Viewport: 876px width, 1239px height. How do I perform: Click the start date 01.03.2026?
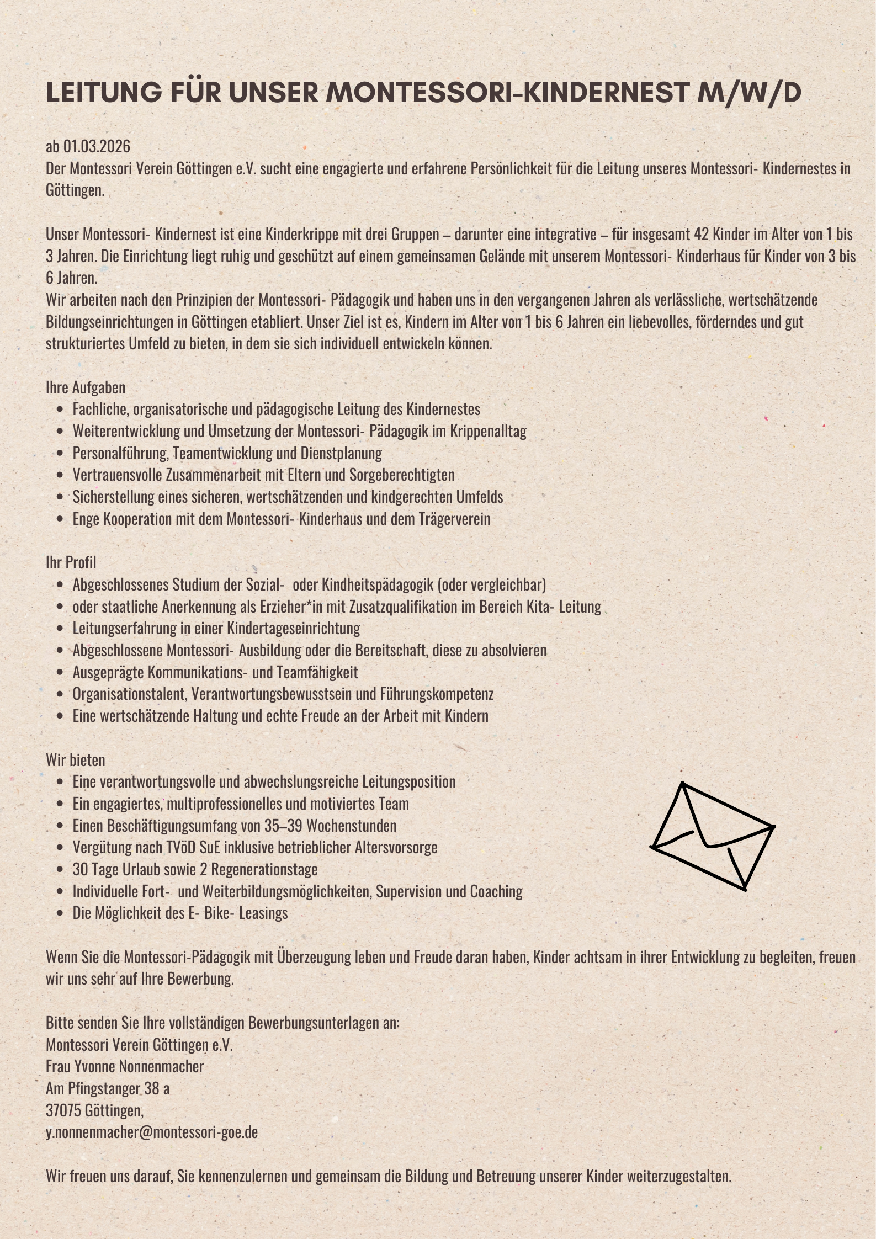(97, 146)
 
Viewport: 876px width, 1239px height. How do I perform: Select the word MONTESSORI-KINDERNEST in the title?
(507, 93)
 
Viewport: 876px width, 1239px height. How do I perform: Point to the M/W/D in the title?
(748, 93)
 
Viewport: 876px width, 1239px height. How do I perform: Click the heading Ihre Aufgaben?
(86, 387)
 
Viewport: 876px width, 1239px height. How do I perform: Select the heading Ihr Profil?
(71, 562)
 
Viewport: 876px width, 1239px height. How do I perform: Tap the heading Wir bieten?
(75, 760)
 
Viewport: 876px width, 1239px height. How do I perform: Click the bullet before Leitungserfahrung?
(60, 629)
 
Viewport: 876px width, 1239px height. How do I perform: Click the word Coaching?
(496, 891)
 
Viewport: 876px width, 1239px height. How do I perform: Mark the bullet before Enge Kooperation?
(60, 519)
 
